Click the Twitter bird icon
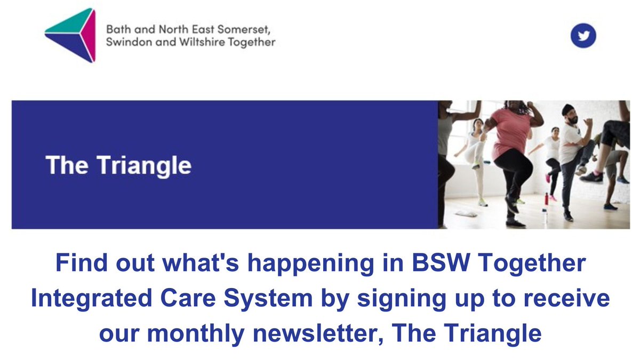coord(583,36)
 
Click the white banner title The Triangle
coord(118,165)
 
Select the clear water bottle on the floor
coord(544,215)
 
